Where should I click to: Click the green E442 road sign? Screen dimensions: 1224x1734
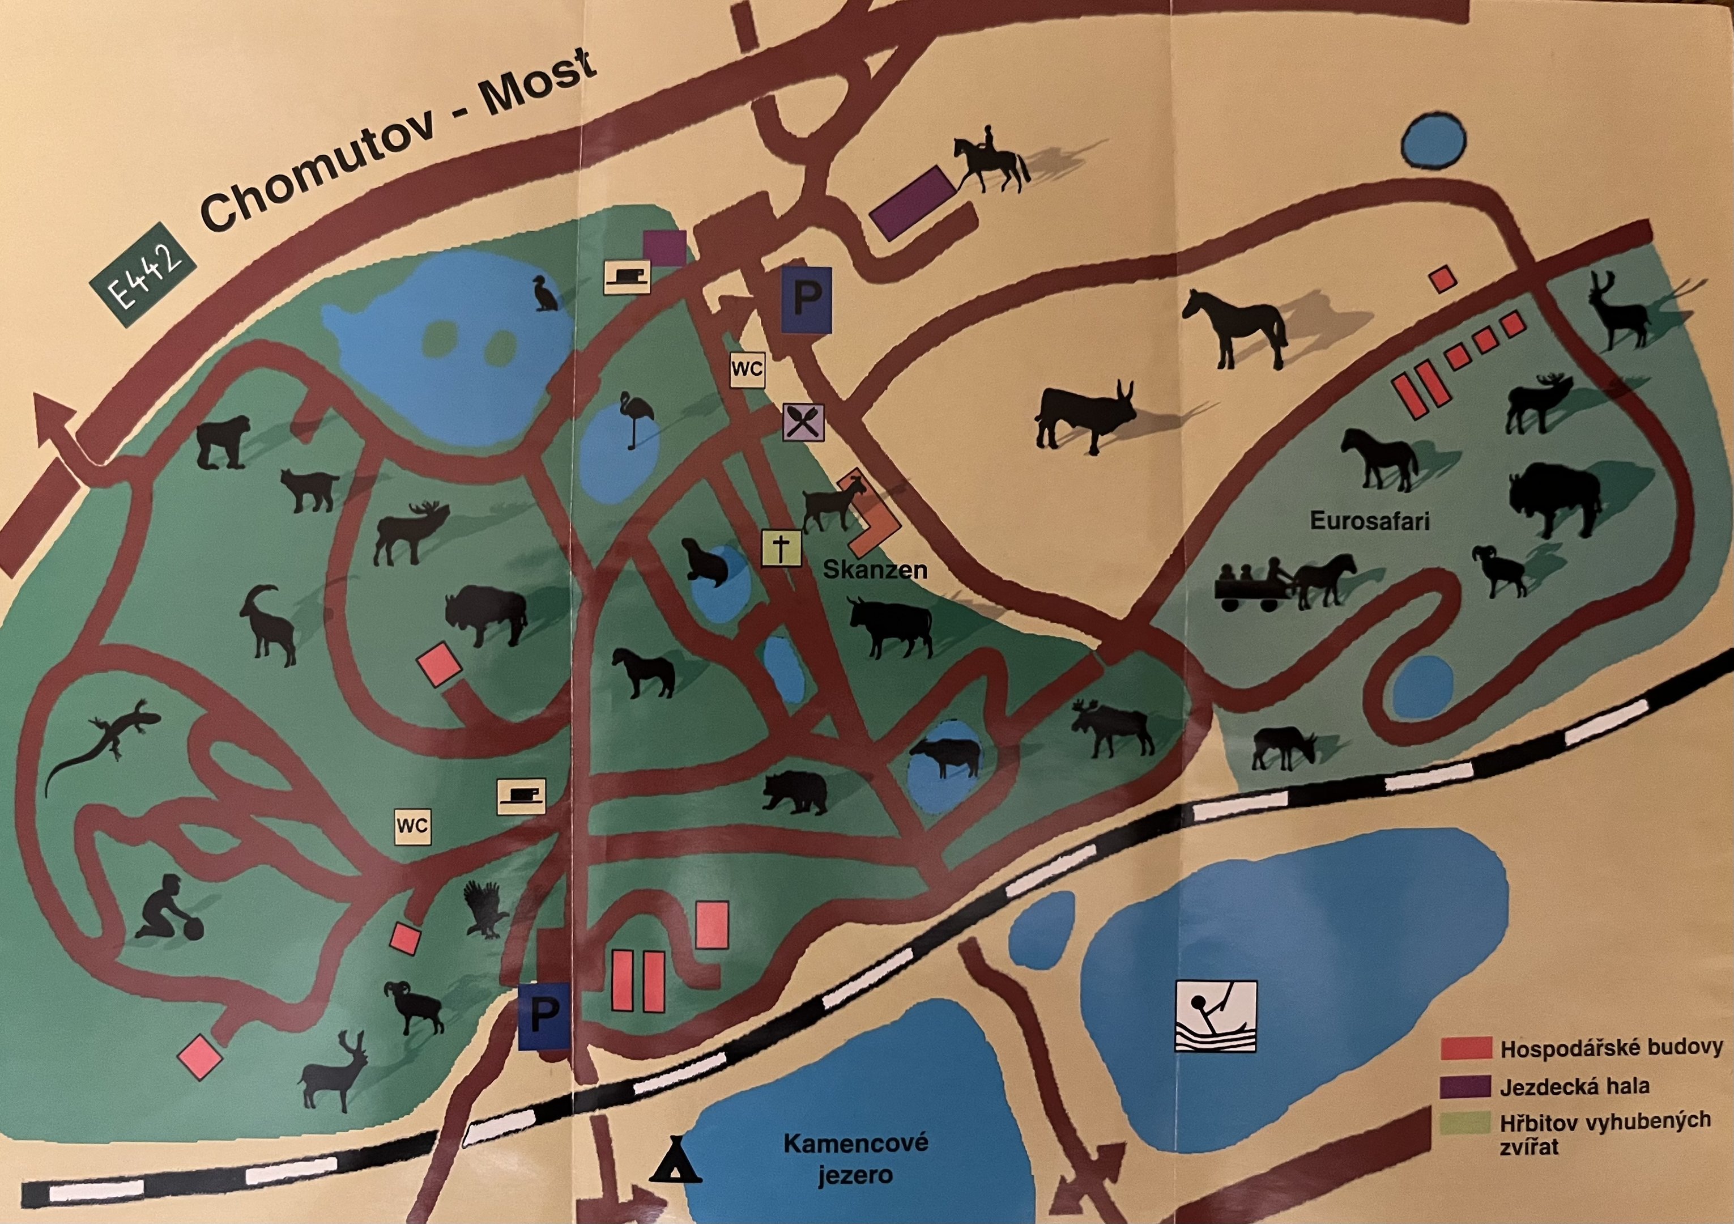tap(143, 275)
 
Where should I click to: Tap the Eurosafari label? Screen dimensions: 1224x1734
tap(1369, 521)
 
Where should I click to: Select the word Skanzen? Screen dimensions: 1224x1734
tap(875, 569)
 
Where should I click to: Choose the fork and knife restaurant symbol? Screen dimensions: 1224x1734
tap(803, 422)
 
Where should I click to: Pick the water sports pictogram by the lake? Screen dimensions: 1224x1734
tap(1215, 1015)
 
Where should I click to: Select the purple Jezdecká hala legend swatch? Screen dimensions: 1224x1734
tap(1465, 1086)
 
